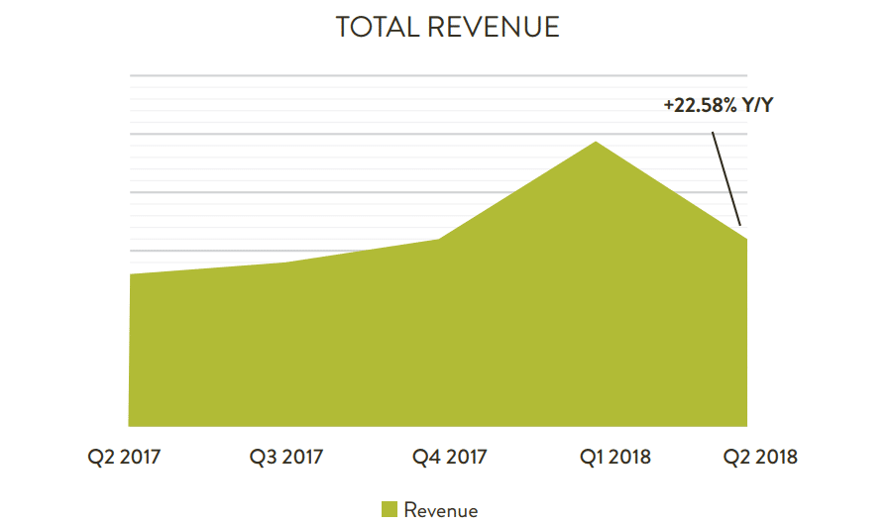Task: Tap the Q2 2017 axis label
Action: point(124,457)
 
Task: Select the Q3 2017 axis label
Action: point(285,457)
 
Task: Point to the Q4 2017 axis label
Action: point(449,457)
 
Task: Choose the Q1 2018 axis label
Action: point(614,457)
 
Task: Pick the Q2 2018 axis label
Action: point(759,457)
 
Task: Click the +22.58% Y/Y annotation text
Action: point(718,104)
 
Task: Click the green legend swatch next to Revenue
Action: point(390,509)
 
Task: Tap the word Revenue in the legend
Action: point(440,510)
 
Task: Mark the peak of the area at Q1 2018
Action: point(595,143)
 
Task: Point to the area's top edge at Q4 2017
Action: point(439,240)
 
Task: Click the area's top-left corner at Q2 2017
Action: point(131,274)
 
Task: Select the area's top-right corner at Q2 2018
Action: point(745,239)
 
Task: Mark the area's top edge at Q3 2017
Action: point(286,262)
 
